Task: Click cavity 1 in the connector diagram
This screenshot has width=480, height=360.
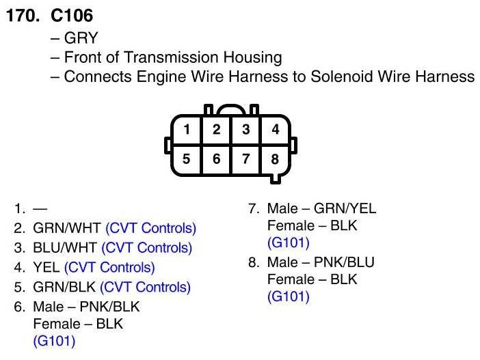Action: [x=187, y=129]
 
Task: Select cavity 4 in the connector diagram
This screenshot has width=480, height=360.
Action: [x=275, y=129]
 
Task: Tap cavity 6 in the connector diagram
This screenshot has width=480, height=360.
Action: [x=216, y=160]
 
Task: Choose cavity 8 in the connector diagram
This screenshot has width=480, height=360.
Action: [x=275, y=160]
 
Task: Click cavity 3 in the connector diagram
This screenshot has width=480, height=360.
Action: [x=245, y=129]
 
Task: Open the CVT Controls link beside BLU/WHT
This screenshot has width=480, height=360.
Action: [x=148, y=248]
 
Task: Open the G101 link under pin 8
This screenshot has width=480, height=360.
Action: [x=288, y=296]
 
